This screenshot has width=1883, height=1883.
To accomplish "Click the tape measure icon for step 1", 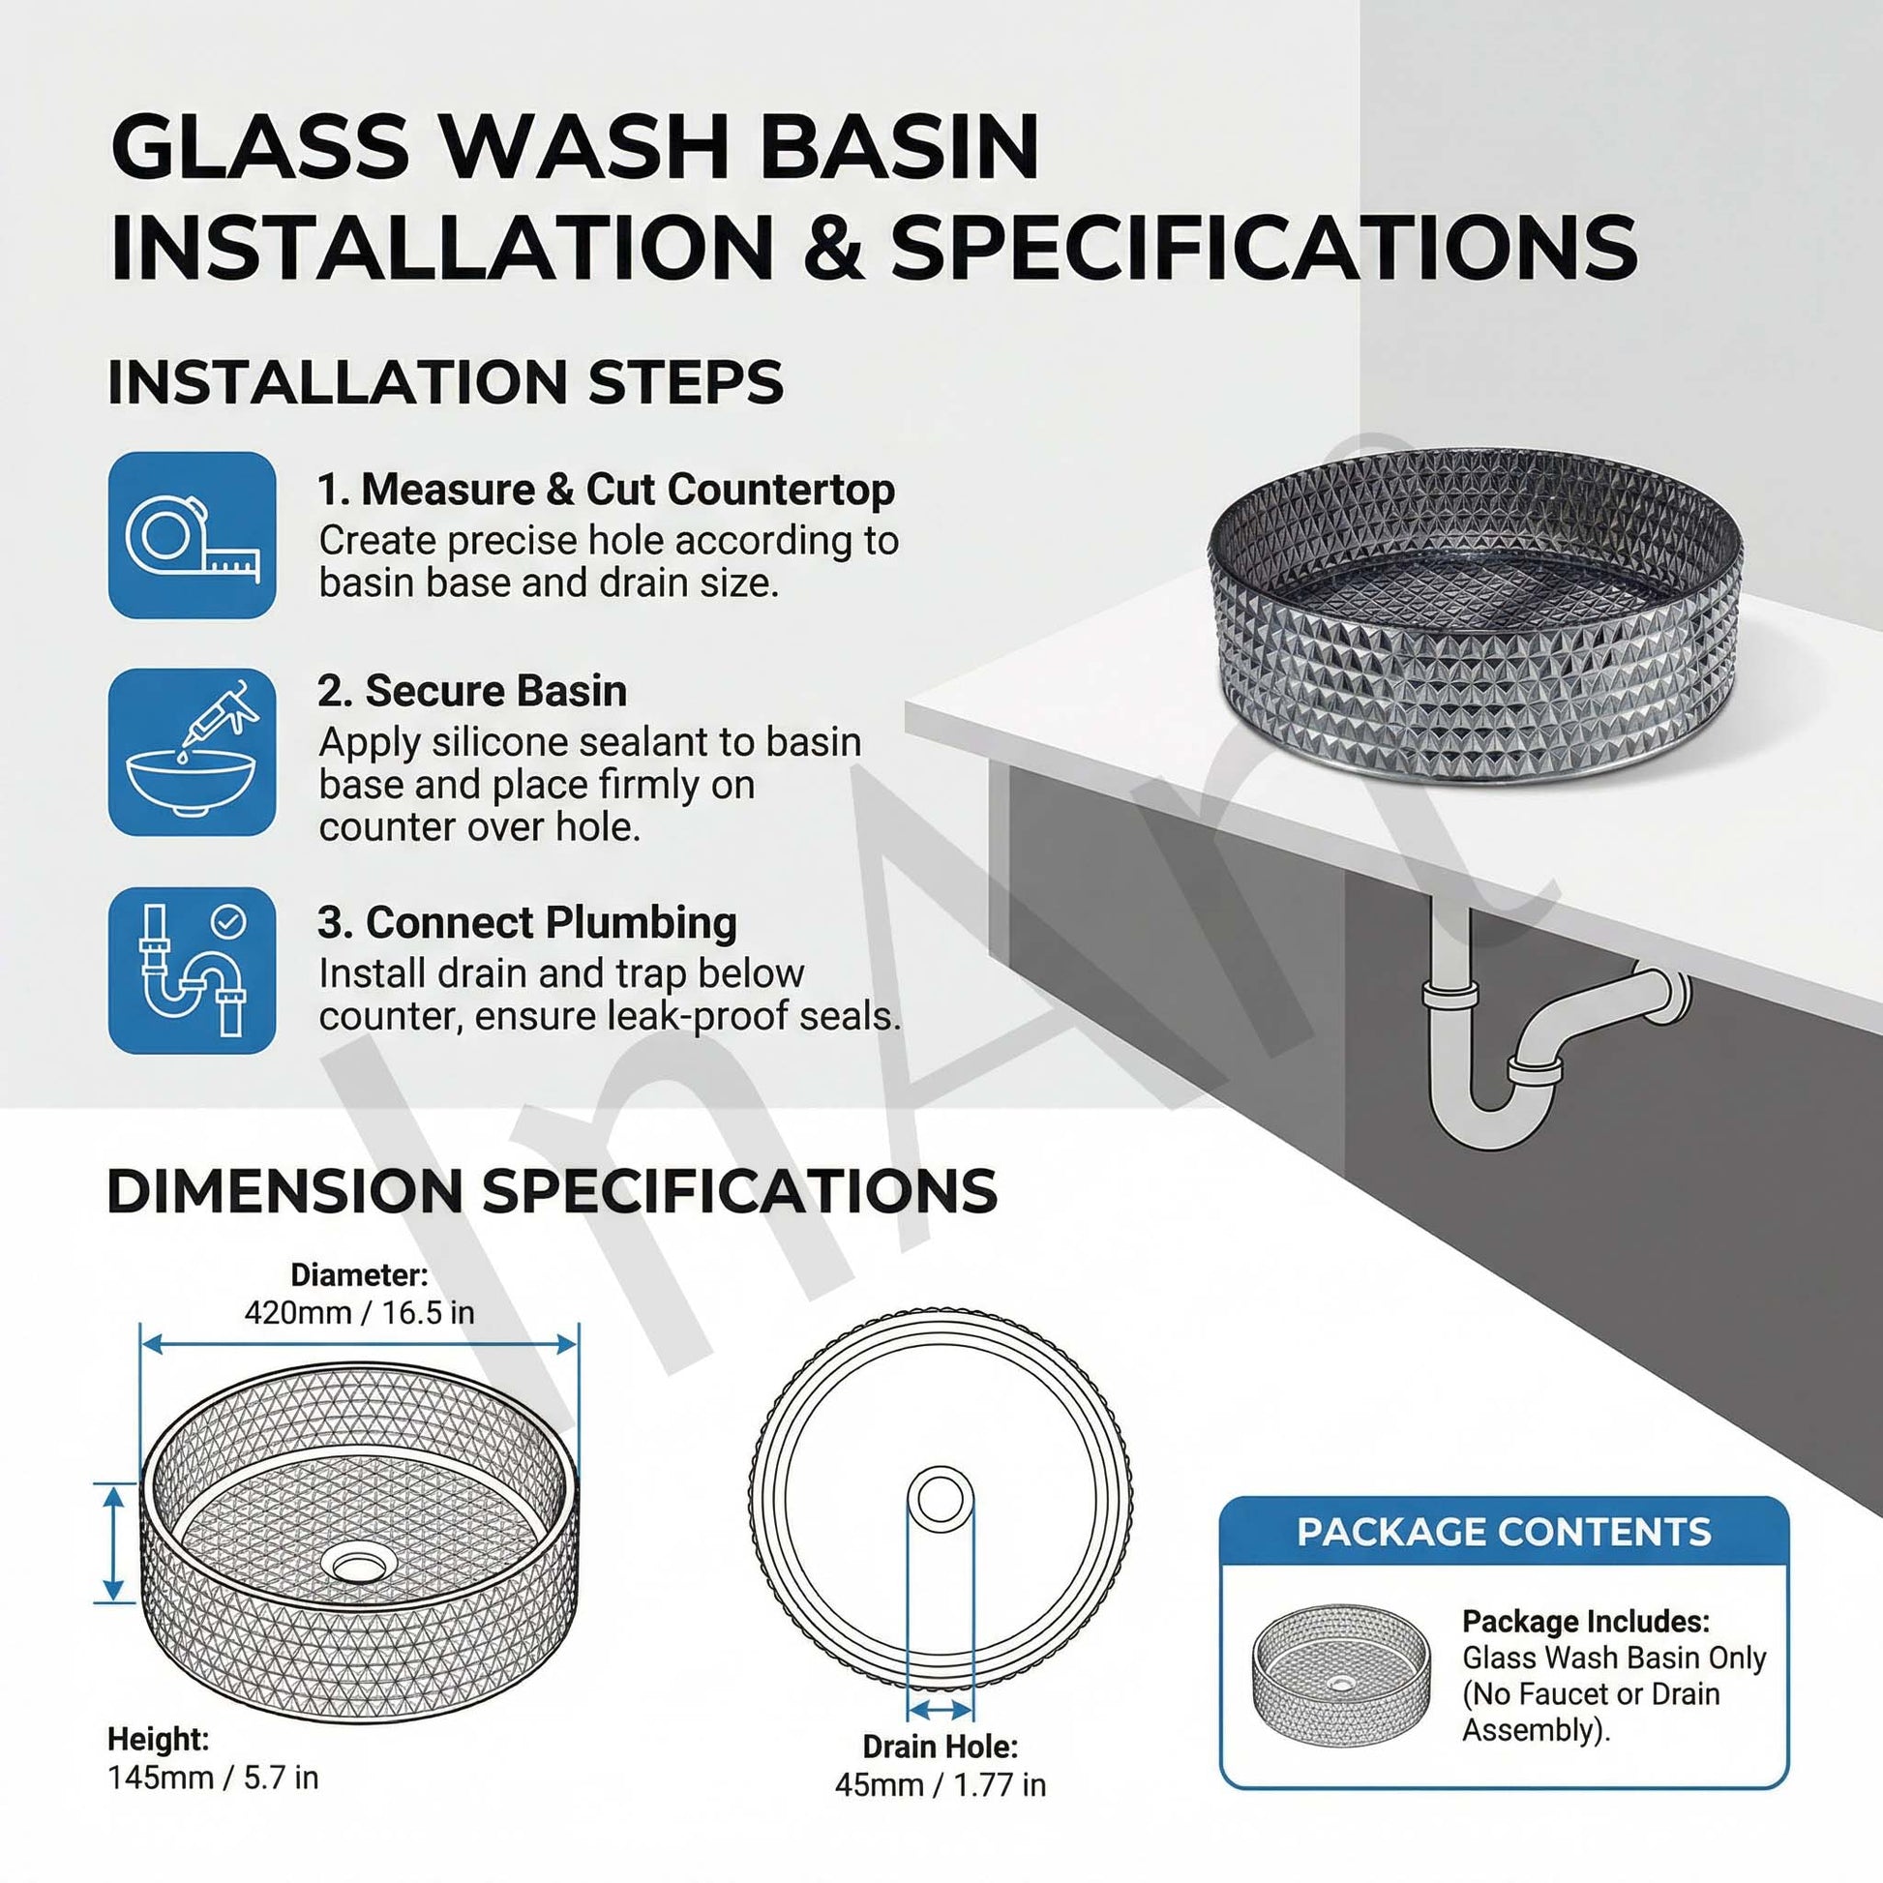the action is (x=192, y=535).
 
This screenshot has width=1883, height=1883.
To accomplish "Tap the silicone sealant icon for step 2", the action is (x=192, y=752).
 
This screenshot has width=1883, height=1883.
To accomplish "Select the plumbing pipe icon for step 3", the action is (x=192, y=970).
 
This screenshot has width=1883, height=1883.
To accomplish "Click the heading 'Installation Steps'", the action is (x=445, y=381).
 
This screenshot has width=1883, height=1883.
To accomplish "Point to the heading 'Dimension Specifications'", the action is (x=553, y=1190).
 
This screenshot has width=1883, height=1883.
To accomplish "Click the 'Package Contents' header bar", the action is (x=1504, y=1531).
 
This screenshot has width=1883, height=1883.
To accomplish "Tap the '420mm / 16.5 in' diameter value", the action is (x=360, y=1313).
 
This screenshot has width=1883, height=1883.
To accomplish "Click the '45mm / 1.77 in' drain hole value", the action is (x=941, y=1784).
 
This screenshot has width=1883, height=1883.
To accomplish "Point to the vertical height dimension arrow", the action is (x=114, y=1541).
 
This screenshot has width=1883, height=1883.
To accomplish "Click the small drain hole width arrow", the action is (x=941, y=1710).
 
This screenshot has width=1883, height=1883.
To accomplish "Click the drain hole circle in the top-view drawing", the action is (x=941, y=1499).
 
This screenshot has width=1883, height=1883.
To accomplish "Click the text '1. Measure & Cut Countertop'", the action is (x=607, y=490).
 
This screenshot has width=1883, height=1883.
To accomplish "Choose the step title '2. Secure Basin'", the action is (x=472, y=691).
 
